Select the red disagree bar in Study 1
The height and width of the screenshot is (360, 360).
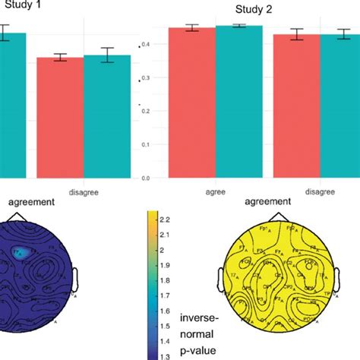click(x=59, y=118)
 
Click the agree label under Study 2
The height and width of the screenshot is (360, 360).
click(x=215, y=192)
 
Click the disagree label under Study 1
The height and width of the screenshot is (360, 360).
click(x=83, y=192)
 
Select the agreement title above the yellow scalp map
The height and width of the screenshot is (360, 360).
click(x=267, y=202)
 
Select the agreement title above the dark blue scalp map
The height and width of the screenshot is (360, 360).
click(x=31, y=203)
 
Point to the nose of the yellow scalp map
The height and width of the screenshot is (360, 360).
click(x=274, y=217)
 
